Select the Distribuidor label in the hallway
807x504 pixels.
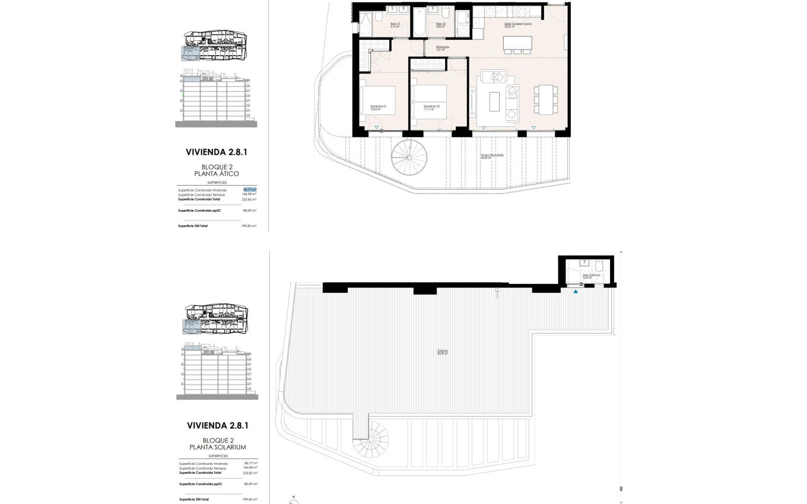coord(443,48)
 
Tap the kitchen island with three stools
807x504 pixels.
coord(517,43)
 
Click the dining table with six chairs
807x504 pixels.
coord(545,99)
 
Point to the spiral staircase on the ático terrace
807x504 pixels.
coord(409,157)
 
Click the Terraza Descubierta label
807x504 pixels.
coord(493,157)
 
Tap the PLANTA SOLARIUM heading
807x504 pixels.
coord(217,447)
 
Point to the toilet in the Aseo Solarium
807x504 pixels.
coord(599,266)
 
